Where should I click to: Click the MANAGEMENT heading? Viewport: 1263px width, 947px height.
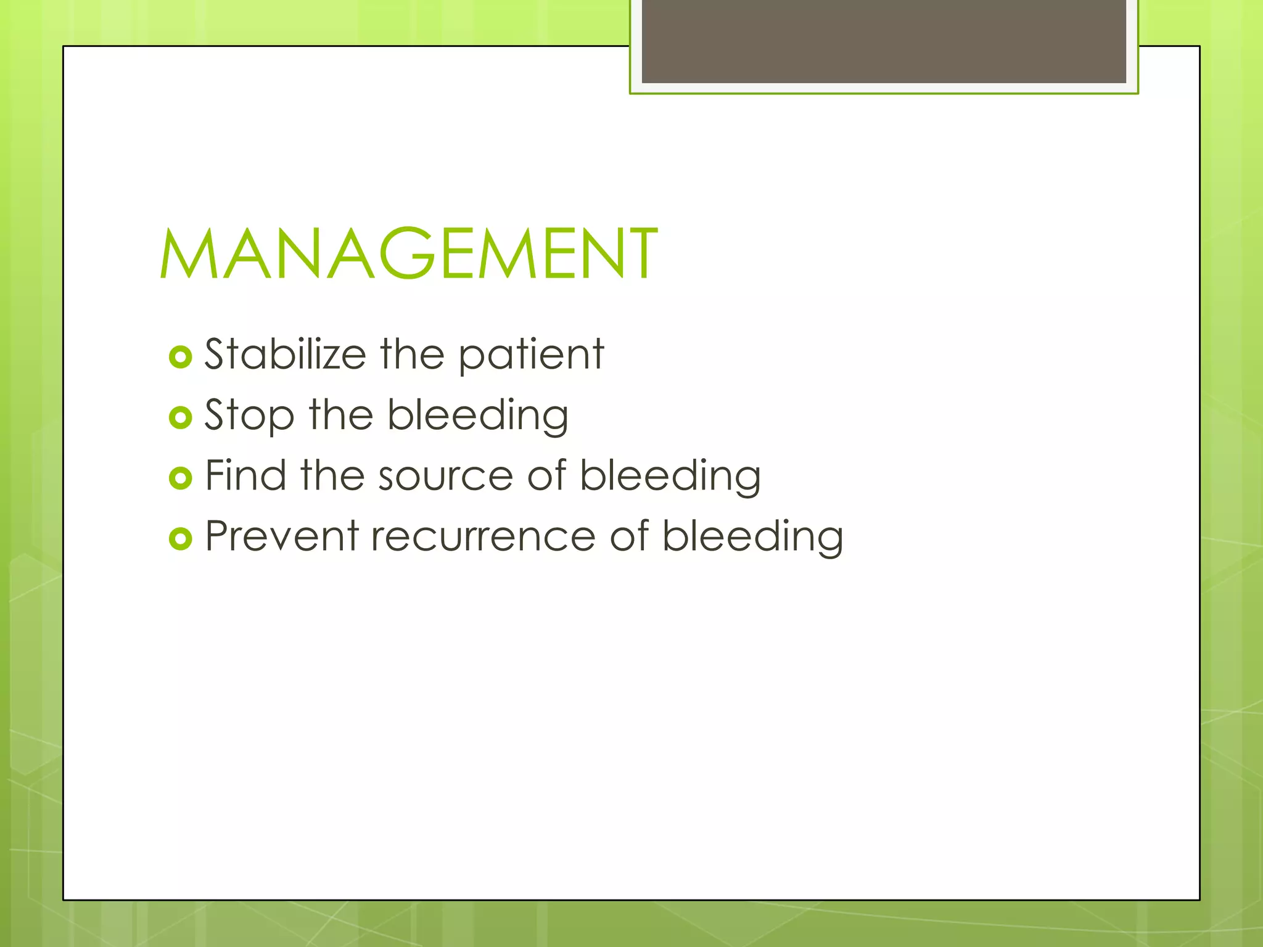(x=408, y=254)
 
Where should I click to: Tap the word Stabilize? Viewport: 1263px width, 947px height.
(x=285, y=355)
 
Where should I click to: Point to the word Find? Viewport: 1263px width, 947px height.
(x=245, y=475)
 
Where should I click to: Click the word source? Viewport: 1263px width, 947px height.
(x=445, y=477)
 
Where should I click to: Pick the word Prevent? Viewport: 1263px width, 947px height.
(x=281, y=536)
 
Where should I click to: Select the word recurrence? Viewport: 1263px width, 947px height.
(x=483, y=536)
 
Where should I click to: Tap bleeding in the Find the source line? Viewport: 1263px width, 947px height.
(x=670, y=477)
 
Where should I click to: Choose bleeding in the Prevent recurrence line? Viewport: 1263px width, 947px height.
(x=752, y=536)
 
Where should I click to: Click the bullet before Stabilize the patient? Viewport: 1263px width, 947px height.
(x=180, y=357)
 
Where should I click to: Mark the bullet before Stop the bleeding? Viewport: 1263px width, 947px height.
(x=180, y=417)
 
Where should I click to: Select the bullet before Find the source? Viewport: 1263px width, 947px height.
(x=180, y=478)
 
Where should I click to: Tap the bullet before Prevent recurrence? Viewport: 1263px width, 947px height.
(x=180, y=538)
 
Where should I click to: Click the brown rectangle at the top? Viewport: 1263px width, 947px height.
(x=884, y=41)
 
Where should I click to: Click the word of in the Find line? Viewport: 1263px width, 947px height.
(x=546, y=475)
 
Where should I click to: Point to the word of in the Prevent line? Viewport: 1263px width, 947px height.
(x=629, y=536)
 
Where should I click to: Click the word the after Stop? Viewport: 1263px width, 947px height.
(x=341, y=415)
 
